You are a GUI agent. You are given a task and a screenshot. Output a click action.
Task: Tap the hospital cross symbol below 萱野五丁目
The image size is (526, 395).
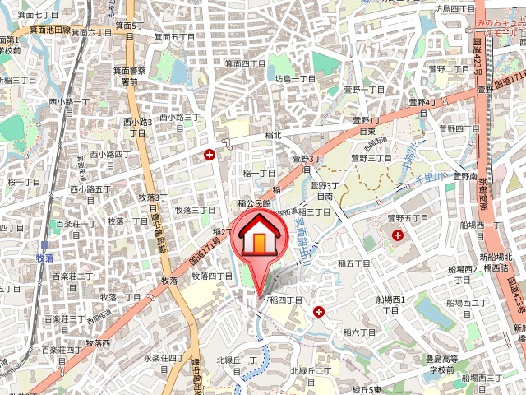pyautogui.click(x=398, y=235)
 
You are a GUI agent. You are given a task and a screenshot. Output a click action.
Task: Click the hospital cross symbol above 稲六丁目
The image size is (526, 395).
pyautogui.click(x=318, y=312)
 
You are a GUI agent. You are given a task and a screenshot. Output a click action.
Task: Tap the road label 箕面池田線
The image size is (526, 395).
pyautogui.click(x=49, y=29)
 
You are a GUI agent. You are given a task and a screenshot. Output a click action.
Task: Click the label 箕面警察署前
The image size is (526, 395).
pyautogui.click(x=129, y=76)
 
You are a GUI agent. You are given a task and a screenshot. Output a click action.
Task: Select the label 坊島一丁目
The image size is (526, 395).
pyautogui.click(x=295, y=78)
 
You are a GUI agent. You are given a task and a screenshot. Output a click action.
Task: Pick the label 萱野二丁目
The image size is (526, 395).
pyautogui.click(x=449, y=69)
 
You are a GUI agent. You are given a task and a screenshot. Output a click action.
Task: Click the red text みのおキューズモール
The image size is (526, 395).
pyautogui.click(x=498, y=31)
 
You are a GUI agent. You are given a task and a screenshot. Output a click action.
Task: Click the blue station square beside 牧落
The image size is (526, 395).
pyautogui.click(x=46, y=244)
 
